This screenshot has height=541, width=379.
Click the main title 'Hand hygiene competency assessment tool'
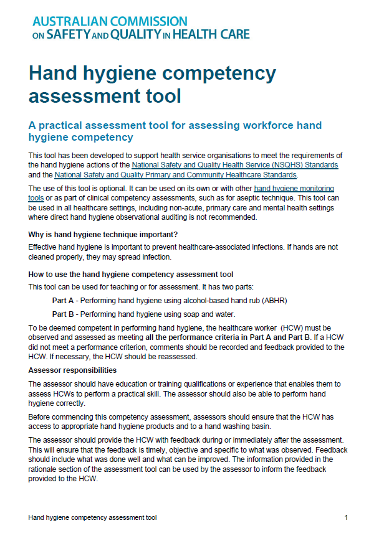152,85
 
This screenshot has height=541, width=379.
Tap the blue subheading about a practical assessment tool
175,131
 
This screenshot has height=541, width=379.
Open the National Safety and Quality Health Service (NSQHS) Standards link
235,165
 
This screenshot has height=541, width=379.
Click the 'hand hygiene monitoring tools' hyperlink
294,188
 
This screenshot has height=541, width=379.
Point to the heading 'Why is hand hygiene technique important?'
103,234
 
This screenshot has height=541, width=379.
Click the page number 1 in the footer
346,517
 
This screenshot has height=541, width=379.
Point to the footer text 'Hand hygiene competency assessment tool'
93,517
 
